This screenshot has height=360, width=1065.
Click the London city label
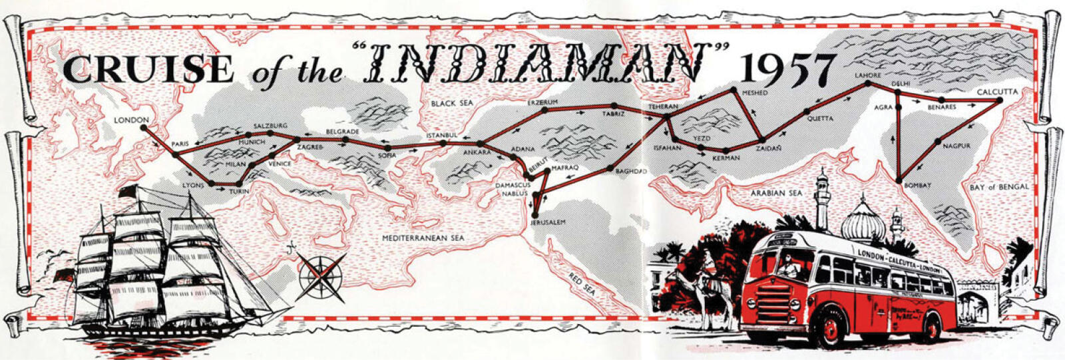pos(130,120)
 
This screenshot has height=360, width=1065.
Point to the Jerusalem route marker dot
pos(535,214)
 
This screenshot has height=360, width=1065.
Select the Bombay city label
pos(917,185)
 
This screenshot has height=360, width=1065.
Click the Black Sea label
pos(451,104)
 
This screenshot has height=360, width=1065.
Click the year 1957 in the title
pos(789,68)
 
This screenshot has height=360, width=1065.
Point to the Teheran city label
pos(664,106)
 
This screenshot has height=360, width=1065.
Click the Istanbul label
pos(442,136)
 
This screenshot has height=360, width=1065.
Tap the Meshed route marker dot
pos(733,90)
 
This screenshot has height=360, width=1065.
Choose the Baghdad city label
pos(632,172)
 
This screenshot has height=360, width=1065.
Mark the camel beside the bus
pos(708,290)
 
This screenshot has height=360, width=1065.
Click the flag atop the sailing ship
pos(127,192)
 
